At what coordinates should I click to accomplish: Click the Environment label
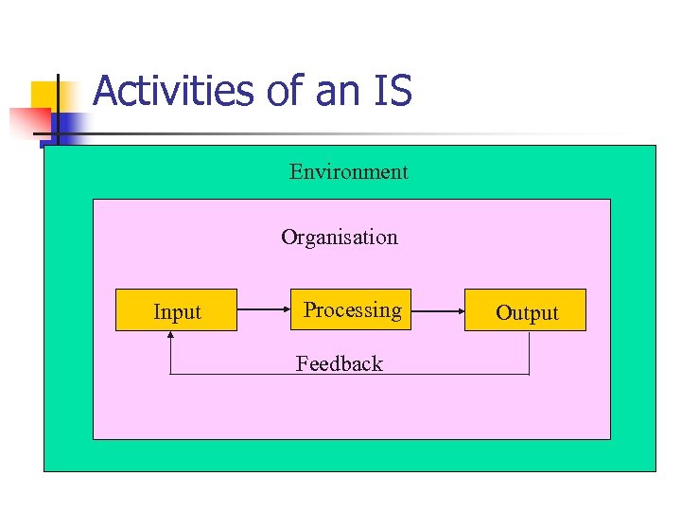(348, 172)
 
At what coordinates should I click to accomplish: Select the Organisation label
(339, 238)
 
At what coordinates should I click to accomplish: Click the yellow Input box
(176, 310)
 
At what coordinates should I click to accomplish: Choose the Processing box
(351, 309)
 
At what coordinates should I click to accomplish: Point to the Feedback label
(339, 364)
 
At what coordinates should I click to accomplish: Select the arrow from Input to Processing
(263, 309)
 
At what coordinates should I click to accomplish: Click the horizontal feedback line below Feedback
(350, 375)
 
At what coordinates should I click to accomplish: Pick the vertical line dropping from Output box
(529, 353)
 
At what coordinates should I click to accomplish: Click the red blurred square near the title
(28, 121)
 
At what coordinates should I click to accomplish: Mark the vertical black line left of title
(58, 109)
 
